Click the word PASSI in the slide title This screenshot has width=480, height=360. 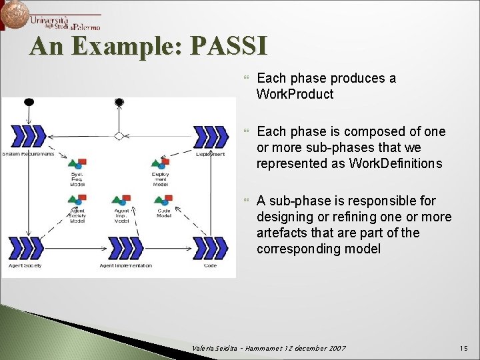(x=229, y=46)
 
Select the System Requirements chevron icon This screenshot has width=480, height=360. (x=28, y=136)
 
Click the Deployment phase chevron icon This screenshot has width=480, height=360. (x=210, y=136)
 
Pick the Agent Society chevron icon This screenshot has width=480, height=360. (x=25, y=248)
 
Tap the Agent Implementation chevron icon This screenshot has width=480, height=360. (x=125, y=248)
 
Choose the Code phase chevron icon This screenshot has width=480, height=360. (x=210, y=248)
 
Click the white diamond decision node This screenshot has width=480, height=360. (x=119, y=136)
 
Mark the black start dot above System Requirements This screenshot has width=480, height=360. (x=29, y=102)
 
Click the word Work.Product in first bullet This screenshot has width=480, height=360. (x=295, y=94)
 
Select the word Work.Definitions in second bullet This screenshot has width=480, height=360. (x=395, y=163)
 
